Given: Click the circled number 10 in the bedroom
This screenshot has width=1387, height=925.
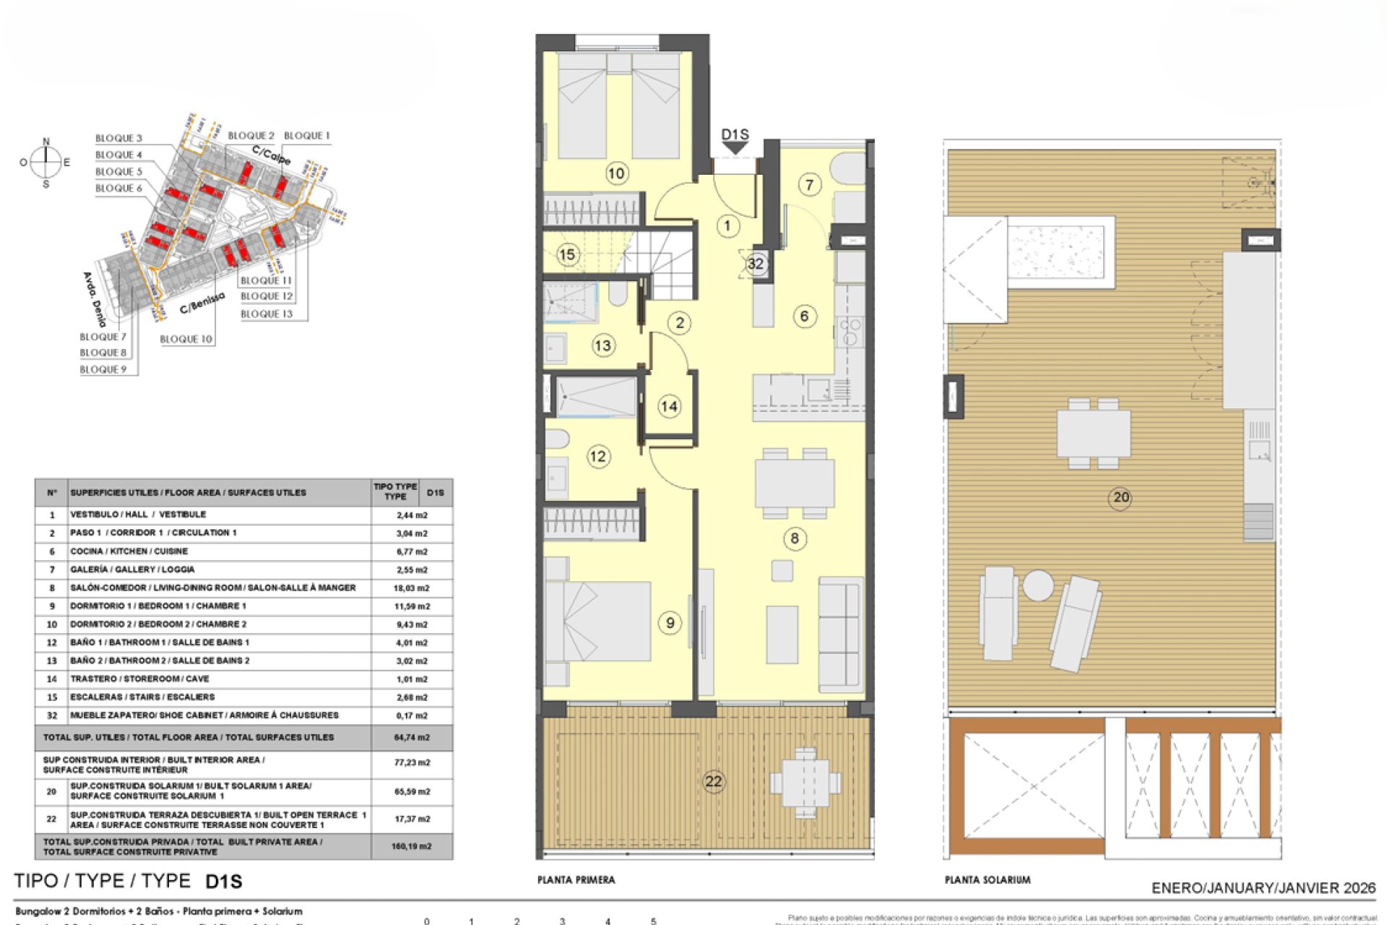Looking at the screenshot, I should (616, 173).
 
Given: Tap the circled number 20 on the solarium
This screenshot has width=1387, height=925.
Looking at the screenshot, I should (1120, 497).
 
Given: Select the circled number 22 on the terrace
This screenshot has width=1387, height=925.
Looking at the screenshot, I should (713, 781).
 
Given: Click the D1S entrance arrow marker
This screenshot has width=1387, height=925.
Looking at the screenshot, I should (735, 147).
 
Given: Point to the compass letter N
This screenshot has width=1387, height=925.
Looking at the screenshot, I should (46, 142).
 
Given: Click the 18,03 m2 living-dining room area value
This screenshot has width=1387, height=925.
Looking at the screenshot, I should (411, 588).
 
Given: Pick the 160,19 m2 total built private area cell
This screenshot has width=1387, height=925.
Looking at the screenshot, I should (411, 846).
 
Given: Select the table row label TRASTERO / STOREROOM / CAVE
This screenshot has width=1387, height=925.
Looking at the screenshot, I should (139, 679).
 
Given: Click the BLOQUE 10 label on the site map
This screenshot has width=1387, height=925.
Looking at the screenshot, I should (186, 339).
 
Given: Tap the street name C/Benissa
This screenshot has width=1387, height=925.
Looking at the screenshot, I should (202, 304).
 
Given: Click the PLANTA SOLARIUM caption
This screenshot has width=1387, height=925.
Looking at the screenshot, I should (987, 880).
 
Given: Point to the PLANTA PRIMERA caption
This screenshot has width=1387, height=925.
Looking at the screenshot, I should (576, 880).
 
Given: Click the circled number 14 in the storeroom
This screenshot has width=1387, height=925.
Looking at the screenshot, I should (669, 406).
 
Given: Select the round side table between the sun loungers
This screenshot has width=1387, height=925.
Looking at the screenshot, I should (1038, 585).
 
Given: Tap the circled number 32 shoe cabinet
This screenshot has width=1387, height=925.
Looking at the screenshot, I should (755, 264).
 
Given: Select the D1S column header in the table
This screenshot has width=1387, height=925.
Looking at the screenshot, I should (435, 493).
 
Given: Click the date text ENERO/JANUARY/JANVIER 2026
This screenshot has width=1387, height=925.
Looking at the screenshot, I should (1263, 888).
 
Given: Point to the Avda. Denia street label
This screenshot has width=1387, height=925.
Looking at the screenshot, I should (95, 299).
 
